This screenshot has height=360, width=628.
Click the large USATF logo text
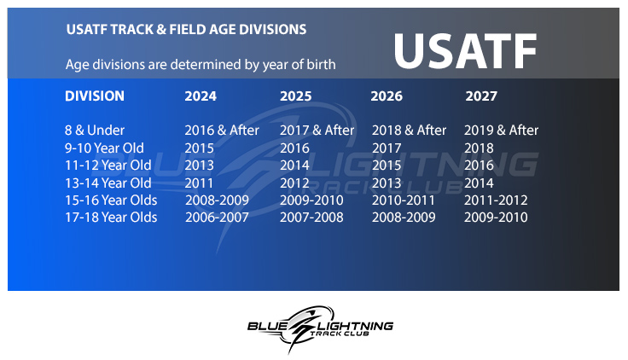465,51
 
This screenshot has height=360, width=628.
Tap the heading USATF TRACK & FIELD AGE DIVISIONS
186,29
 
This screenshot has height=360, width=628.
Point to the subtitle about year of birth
201,65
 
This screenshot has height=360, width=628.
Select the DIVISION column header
95,96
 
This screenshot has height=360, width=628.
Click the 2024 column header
201,96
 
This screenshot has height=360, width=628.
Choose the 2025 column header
295,96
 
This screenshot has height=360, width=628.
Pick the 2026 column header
387,96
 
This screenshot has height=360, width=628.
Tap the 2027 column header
481,96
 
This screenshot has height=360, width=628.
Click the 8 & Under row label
95,131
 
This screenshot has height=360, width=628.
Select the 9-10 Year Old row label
104,148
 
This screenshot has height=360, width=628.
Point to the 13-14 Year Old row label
108,183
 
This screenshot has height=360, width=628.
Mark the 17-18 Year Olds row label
111,218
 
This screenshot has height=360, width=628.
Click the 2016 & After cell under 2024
222,131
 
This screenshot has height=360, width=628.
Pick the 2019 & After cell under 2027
501,131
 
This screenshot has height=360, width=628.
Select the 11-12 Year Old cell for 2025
294,165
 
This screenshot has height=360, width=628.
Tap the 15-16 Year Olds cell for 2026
403,200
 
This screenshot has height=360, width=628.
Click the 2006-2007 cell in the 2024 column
217,218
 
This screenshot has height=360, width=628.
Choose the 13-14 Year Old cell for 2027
479,183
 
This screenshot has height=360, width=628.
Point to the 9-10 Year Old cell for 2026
386,148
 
